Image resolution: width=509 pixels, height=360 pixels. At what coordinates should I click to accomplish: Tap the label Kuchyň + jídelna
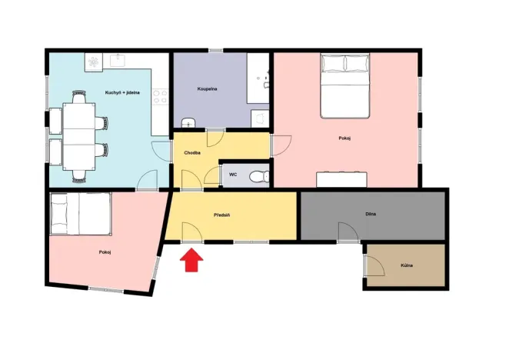[x=122, y=92]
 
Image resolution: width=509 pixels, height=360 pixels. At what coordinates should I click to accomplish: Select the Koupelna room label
[x=206, y=89]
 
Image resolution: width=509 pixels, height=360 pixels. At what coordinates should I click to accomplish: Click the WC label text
[x=233, y=175]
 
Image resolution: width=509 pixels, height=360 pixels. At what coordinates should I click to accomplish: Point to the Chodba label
[x=192, y=153]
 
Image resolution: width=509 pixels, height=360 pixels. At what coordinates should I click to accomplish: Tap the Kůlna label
[x=407, y=265]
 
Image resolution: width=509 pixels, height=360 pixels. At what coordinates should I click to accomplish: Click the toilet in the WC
[x=262, y=175]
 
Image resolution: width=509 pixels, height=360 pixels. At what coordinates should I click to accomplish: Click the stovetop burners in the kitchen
[x=160, y=97]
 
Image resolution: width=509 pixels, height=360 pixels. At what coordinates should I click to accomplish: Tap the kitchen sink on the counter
[x=118, y=59]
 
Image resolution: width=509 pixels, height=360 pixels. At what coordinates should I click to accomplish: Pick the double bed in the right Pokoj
[x=344, y=85]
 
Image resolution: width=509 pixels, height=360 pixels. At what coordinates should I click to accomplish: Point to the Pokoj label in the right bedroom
[x=344, y=138]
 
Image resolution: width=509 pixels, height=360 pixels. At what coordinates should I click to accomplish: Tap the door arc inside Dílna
[x=349, y=231]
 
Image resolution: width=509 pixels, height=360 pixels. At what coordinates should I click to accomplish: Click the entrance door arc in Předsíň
[x=189, y=232]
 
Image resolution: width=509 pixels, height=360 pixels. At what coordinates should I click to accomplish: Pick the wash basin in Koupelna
[x=188, y=122]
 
